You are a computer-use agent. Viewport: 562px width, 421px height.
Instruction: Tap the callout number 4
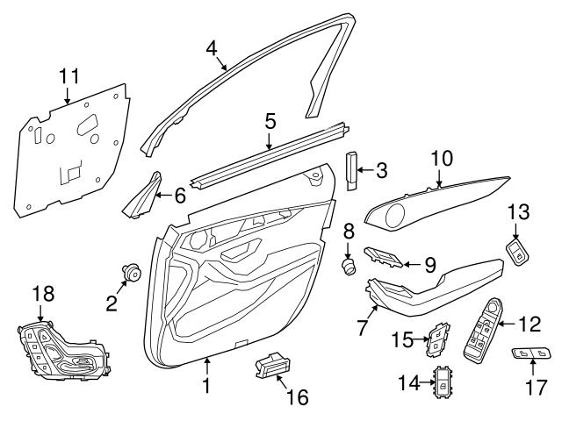211,48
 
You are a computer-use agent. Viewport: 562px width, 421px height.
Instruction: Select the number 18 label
42,295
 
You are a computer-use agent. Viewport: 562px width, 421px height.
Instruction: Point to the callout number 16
297,397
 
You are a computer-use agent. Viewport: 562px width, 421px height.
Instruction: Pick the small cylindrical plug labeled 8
349,264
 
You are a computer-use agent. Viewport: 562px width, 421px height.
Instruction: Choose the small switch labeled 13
517,253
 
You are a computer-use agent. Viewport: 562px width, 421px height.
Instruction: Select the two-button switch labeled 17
534,355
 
